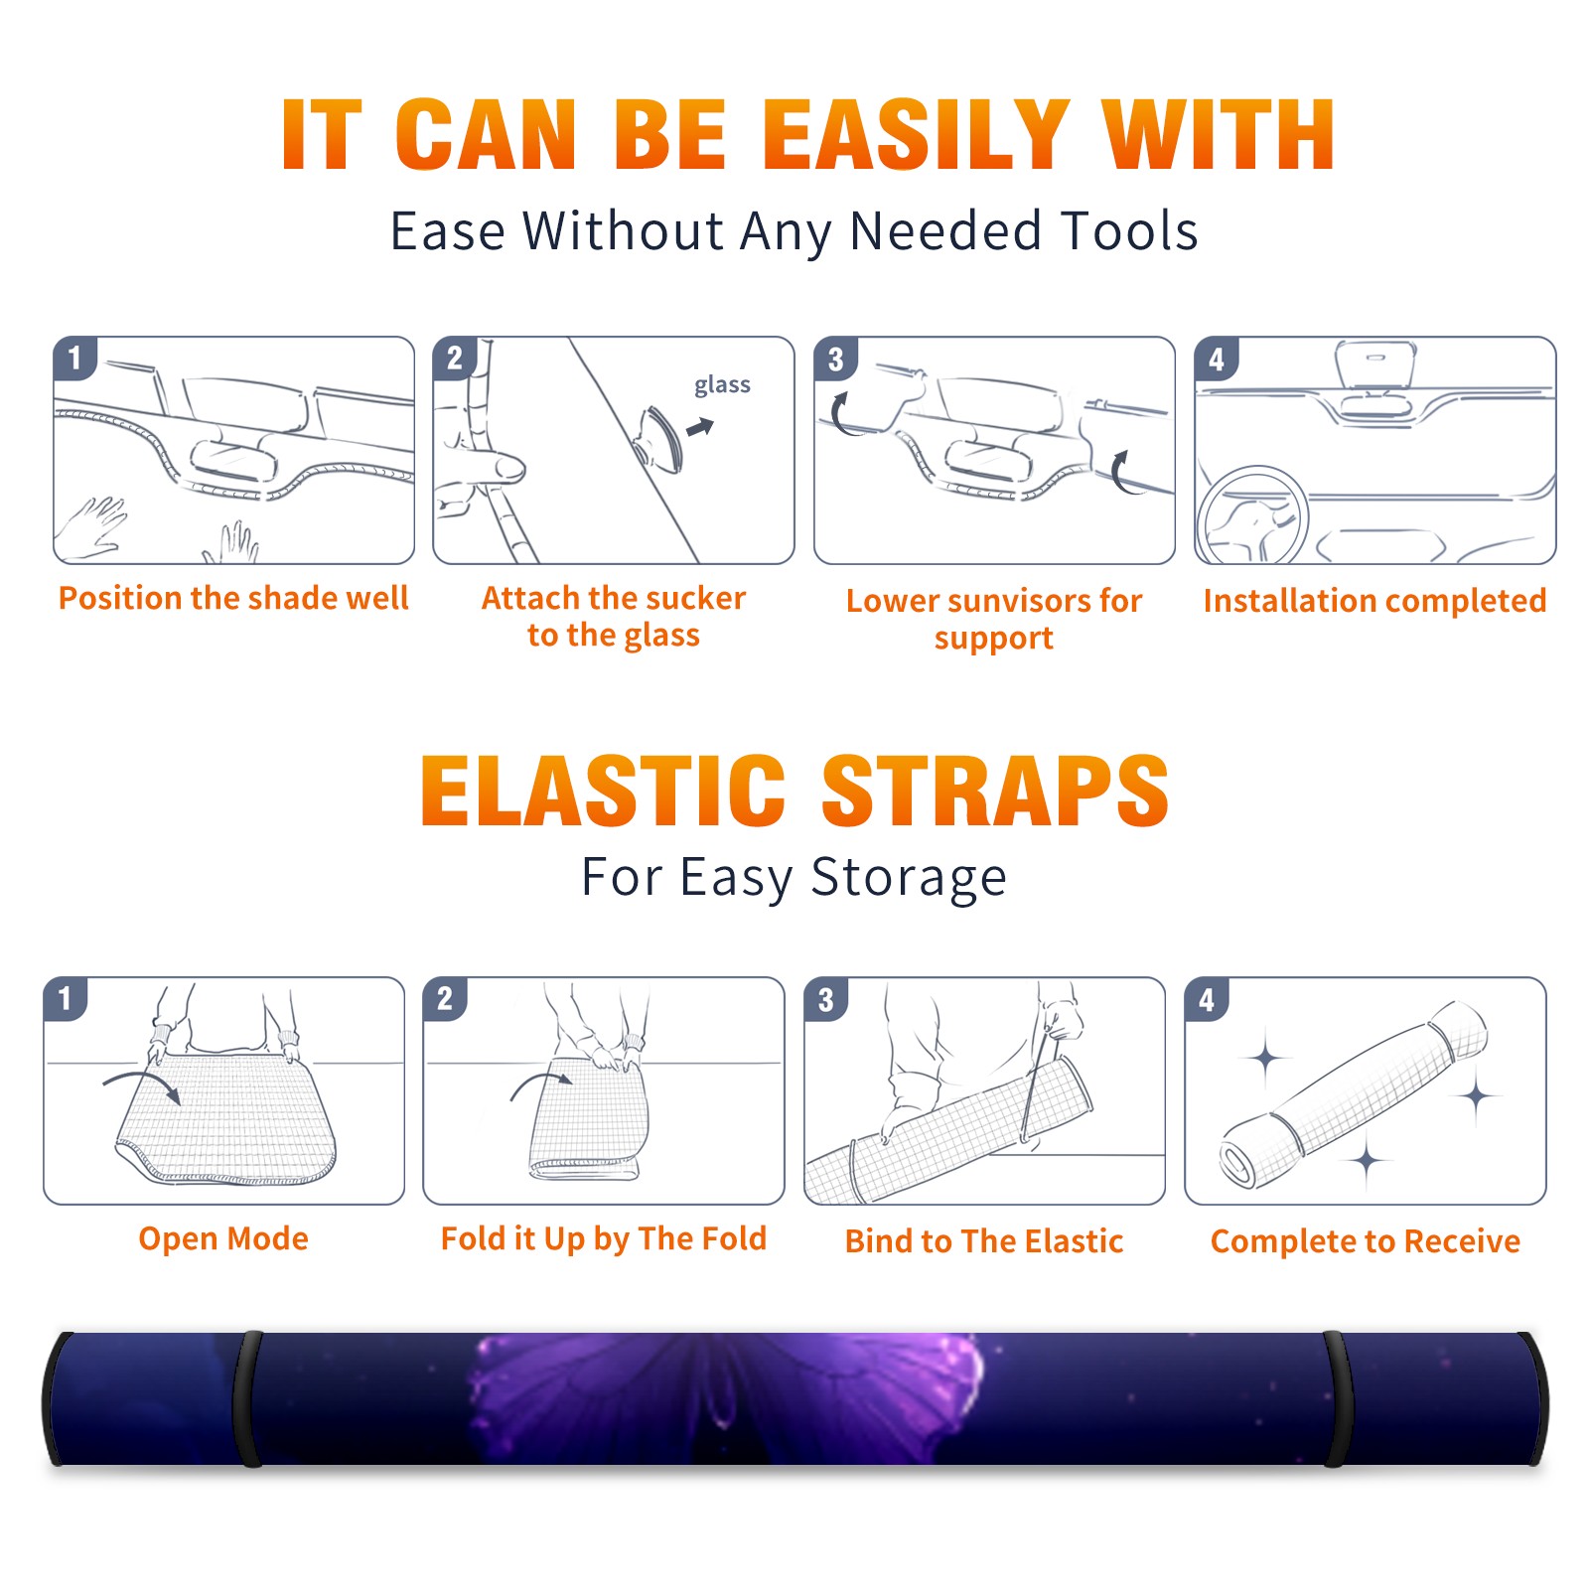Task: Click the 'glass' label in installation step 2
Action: [x=722, y=385]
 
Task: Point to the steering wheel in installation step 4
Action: [x=1252, y=515]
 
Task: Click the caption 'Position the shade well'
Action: [x=233, y=598]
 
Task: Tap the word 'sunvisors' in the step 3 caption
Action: [x=1020, y=601]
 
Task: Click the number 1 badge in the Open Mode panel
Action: [x=66, y=998]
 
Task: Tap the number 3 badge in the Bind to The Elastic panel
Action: [x=825, y=999]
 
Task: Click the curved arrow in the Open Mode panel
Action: [x=142, y=1084]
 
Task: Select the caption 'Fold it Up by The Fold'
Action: [x=604, y=1238]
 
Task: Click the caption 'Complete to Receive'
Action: [x=1366, y=1241]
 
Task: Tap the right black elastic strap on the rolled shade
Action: [x=1337, y=1398]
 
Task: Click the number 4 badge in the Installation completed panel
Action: [x=1217, y=359]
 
